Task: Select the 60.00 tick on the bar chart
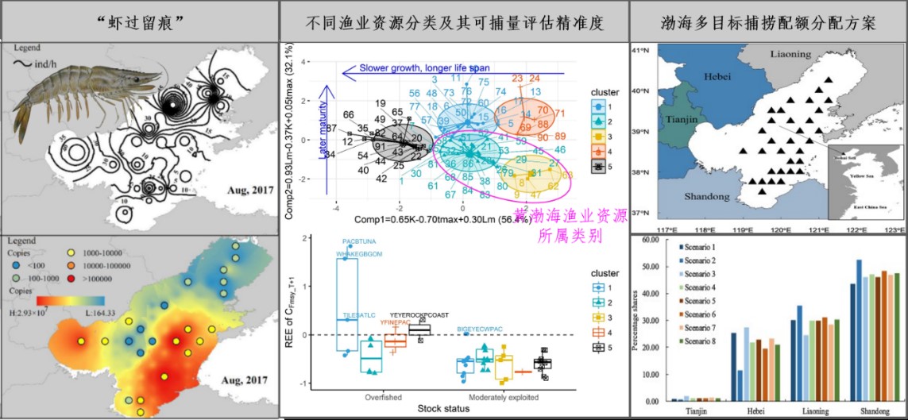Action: click(649, 239)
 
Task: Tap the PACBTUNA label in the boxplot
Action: click(364, 241)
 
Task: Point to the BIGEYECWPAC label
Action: click(480, 328)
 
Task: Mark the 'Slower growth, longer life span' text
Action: click(426, 68)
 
